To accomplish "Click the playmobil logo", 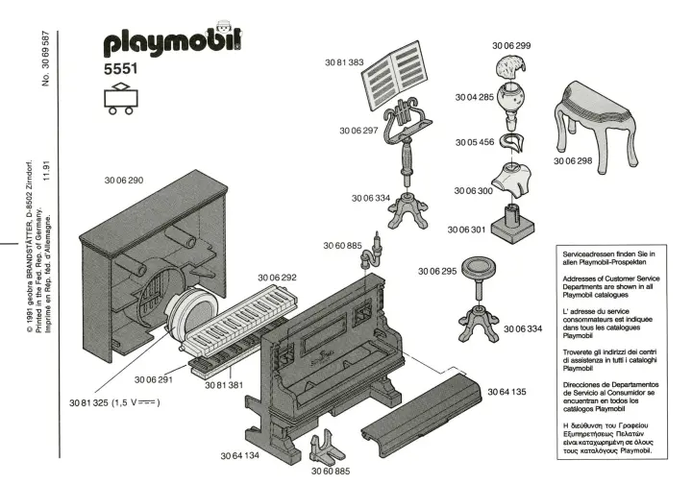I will pos(171,40).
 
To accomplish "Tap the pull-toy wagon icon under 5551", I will pos(120,98).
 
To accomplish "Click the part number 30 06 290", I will pos(122,180).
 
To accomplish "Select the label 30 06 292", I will pos(277,278).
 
